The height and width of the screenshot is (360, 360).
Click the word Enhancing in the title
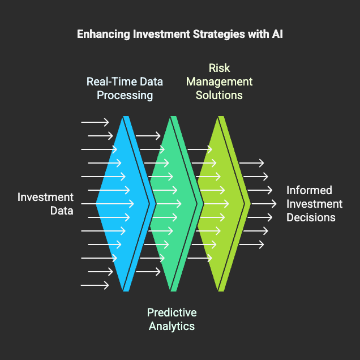click(x=104, y=34)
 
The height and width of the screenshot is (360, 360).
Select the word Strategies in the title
click(x=219, y=34)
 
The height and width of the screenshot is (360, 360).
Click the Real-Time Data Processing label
click(x=125, y=88)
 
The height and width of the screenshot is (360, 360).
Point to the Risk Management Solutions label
click(x=219, y=82)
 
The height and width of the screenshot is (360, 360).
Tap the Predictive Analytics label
click(x=172, y=319)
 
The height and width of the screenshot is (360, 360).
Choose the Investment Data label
click(x=45, y=204)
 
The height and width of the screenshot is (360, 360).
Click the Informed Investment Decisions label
click(x=314, y=204)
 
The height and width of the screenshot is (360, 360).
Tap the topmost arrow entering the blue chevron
click(x=95, y=122)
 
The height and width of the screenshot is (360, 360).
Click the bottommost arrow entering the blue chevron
click(x=95, y=285)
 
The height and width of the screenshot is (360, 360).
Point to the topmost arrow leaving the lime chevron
click(x=251, y=163)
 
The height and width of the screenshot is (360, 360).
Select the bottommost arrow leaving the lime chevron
click(x=251, y=245)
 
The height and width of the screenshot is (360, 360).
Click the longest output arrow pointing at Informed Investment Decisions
click(x=264, y=204)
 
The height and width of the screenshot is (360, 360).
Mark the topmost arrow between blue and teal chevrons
click(x=148, y=136)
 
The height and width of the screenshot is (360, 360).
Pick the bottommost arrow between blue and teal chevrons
click(x=148, y=272)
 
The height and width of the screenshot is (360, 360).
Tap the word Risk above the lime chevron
click(x=219, y=68)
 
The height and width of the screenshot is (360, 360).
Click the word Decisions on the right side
click(x=311, y=217)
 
